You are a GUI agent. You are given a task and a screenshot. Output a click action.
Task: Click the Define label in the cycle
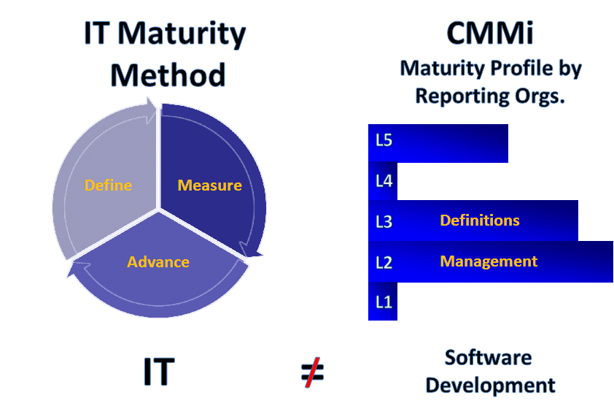tap(108, 185)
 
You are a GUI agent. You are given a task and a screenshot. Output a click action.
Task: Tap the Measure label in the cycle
tap(210, 185)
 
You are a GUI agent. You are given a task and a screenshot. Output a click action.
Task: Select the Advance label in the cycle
tap(158, 262)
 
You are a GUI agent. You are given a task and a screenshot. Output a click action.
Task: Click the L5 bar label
tap(384, 140)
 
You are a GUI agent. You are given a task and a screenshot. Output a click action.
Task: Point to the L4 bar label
tap(384, 181)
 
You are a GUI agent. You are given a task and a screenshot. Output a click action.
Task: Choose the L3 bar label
tap(384, 222)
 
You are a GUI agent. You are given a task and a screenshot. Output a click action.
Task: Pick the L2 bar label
tap(384, 262)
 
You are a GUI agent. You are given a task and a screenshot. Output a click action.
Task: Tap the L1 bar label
tap(384, 302)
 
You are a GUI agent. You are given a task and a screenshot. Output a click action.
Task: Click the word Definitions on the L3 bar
tap(480, 221)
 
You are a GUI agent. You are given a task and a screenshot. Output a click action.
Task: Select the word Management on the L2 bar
tap(489, 261)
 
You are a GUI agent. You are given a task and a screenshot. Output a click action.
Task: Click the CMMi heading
tap(490, 33)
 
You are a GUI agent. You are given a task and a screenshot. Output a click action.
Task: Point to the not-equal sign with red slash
tap(313, 372)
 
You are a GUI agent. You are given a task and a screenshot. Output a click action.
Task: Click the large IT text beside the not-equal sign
tap(158, 372)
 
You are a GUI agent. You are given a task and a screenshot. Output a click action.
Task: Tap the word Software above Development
tap(489, 358)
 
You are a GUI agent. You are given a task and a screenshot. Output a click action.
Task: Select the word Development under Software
tap(490, 386)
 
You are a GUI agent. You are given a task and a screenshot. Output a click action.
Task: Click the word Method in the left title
tap(168, 74)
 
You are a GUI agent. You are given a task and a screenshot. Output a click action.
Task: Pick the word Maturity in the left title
tap(182, 34)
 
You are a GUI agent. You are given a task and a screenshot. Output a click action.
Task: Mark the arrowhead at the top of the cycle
tap(152, 109)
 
